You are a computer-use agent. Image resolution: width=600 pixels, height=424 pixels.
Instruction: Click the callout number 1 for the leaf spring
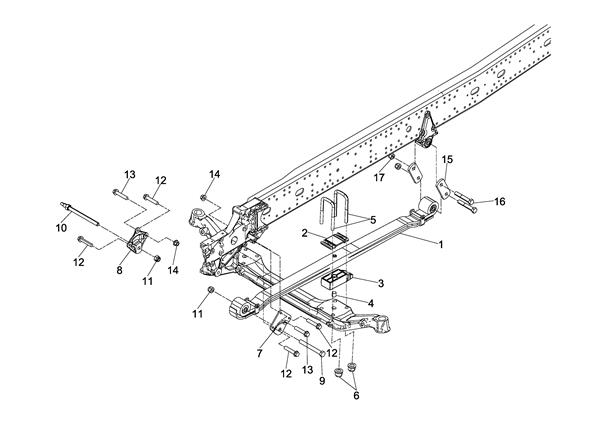pyautogui.click(x=441, y=244)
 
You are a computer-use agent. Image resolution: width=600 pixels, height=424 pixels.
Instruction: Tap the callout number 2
pyautogui.click(x=304, y=233)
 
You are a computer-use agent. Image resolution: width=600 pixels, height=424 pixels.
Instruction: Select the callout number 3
pyautogui.click(x=380, y=284)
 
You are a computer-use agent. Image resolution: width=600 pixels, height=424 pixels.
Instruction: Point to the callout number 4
pyautogui.click(x=370, y=303)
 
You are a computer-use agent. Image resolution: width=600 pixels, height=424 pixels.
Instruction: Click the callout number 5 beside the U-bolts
pyautogui.click(x=373, y=220)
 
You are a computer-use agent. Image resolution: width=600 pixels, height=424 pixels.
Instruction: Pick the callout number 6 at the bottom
pyautogui.click(x=356, y=396)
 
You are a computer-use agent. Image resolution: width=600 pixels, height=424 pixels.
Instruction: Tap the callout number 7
pyautogui.click(x=260, y=354)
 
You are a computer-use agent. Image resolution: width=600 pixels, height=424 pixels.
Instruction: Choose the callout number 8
pyautogui.click(x=119, y=271)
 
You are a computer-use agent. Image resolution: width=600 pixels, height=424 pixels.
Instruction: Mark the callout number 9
pyautogui.click(x=322, y=381)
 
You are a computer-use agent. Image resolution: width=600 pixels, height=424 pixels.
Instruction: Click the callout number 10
pyautogui.click(x=61, y=228)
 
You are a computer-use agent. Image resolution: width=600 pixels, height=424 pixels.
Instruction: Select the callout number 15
pyautogui.click(x=447, y=160)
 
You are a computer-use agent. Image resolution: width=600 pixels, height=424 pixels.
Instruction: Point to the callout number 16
pyautogui.click(x=500, y=201)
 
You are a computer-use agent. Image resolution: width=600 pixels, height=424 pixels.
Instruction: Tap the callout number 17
pyautogui.click(x=379, y=178)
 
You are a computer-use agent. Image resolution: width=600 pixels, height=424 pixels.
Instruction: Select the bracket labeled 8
pyautogui.click(x=137, y=241)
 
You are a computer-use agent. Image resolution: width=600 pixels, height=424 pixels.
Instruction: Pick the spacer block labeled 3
pyautogui.click(x=336, y=279)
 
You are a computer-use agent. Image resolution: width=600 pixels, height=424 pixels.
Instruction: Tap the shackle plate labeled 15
pyautogui.click(x=443, y=189)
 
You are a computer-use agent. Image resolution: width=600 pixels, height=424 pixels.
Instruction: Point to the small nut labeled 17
pyautogui.click(x=391, y=157)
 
